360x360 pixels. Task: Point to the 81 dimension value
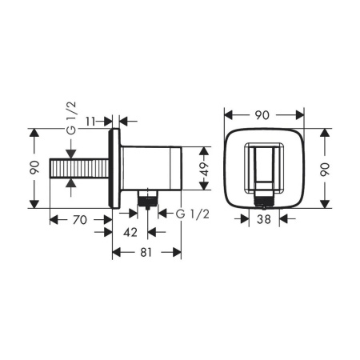146,252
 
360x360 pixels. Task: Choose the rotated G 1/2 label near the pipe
70,128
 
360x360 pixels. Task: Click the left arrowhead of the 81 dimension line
115,252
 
